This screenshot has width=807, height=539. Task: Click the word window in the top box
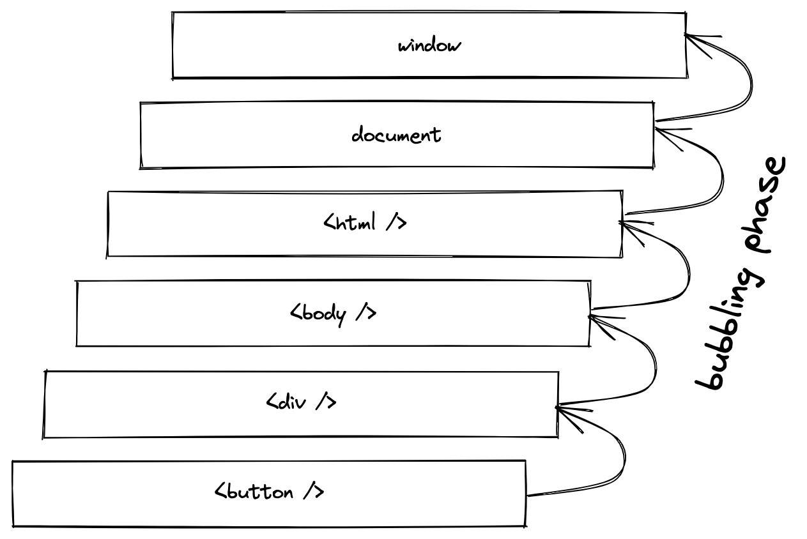click(x=429, y=46)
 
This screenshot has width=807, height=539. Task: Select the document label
click(x=396, y=135)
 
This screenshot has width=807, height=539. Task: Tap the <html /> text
click(x=365, y=224)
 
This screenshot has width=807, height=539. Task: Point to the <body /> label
click(x=333, y=314)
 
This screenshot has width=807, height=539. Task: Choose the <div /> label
click(x=301, y=402)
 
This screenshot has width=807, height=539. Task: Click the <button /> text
click(x=269, y=492)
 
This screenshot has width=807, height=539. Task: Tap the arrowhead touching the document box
click(x=661, y=132)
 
